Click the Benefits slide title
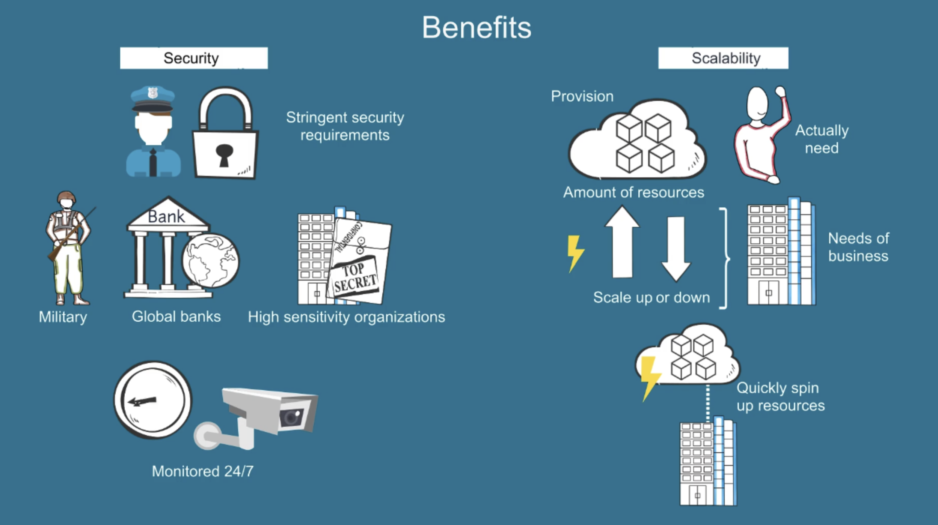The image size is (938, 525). [477, 28]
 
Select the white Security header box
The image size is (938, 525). [194, 58]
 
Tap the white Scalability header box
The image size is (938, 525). [723, 58]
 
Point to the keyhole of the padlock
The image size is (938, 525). [224, 154]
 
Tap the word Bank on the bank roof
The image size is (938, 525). [166, 217]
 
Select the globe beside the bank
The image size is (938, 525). [210, 261]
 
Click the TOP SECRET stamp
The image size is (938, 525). [354, 277]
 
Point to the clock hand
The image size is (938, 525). [143, 401]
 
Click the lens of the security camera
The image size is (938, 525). [291, 417]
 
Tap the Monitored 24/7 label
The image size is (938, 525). [202, 471]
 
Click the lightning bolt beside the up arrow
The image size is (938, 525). [575, 253]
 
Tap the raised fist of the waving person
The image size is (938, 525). [780, 91]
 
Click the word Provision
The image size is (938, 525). [582, 96]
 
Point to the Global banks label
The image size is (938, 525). [176, 316]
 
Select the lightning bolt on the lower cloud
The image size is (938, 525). [650, 377]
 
